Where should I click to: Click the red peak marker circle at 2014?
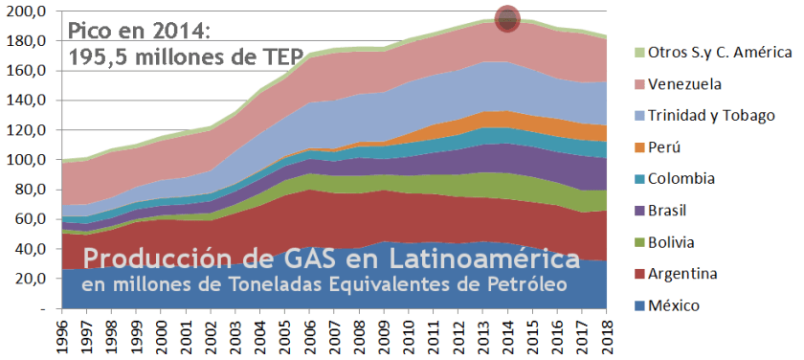[507, 18]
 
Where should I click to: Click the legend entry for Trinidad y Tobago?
[707, 116]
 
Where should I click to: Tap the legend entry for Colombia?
[682, 179]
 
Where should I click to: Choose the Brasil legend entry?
[671, 211]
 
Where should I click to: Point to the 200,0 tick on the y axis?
[27, 11]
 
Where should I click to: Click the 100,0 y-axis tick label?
[27, 161]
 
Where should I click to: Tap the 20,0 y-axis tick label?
[31, 280]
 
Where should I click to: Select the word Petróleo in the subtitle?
[522, 284]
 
